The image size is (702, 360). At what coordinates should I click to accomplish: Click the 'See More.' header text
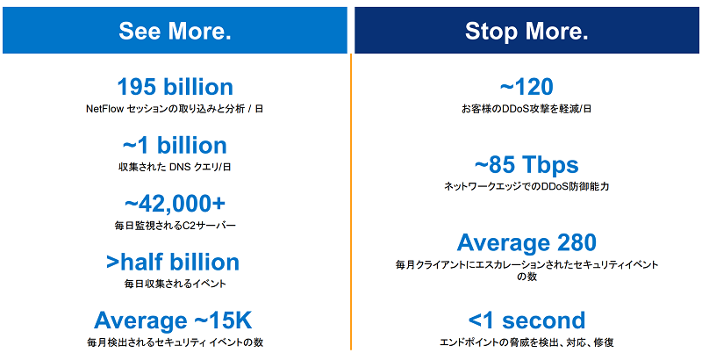[175, 31]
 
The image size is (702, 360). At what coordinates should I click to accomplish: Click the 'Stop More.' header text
[526, 31]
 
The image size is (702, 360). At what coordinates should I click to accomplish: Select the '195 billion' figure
[175, 87]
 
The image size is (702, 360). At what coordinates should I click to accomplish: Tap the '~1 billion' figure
[175, 146]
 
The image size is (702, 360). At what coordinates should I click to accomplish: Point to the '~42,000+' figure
[175, 204]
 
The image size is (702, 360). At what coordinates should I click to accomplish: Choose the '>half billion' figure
[173, 263]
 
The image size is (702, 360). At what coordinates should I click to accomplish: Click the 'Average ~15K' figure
[173, 320]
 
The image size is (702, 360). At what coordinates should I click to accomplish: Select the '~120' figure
[526, 87]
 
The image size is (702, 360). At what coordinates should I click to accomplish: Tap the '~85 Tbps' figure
[526, 165]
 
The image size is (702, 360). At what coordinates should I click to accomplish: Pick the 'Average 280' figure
[526, 242]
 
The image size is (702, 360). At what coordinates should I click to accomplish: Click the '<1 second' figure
[526, 320]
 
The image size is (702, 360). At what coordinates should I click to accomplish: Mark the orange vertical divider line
[351, 201]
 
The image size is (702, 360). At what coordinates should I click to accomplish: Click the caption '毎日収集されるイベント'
[175, 284]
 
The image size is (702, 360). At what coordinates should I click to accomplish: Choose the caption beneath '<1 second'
[526, 343]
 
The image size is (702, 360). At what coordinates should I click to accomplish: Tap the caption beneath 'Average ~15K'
[175, 343]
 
